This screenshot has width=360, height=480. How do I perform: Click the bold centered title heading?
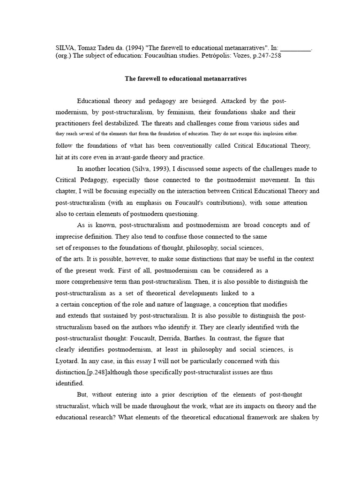[185, 79]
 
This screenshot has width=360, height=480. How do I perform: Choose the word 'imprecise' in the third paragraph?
[70, 236]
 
